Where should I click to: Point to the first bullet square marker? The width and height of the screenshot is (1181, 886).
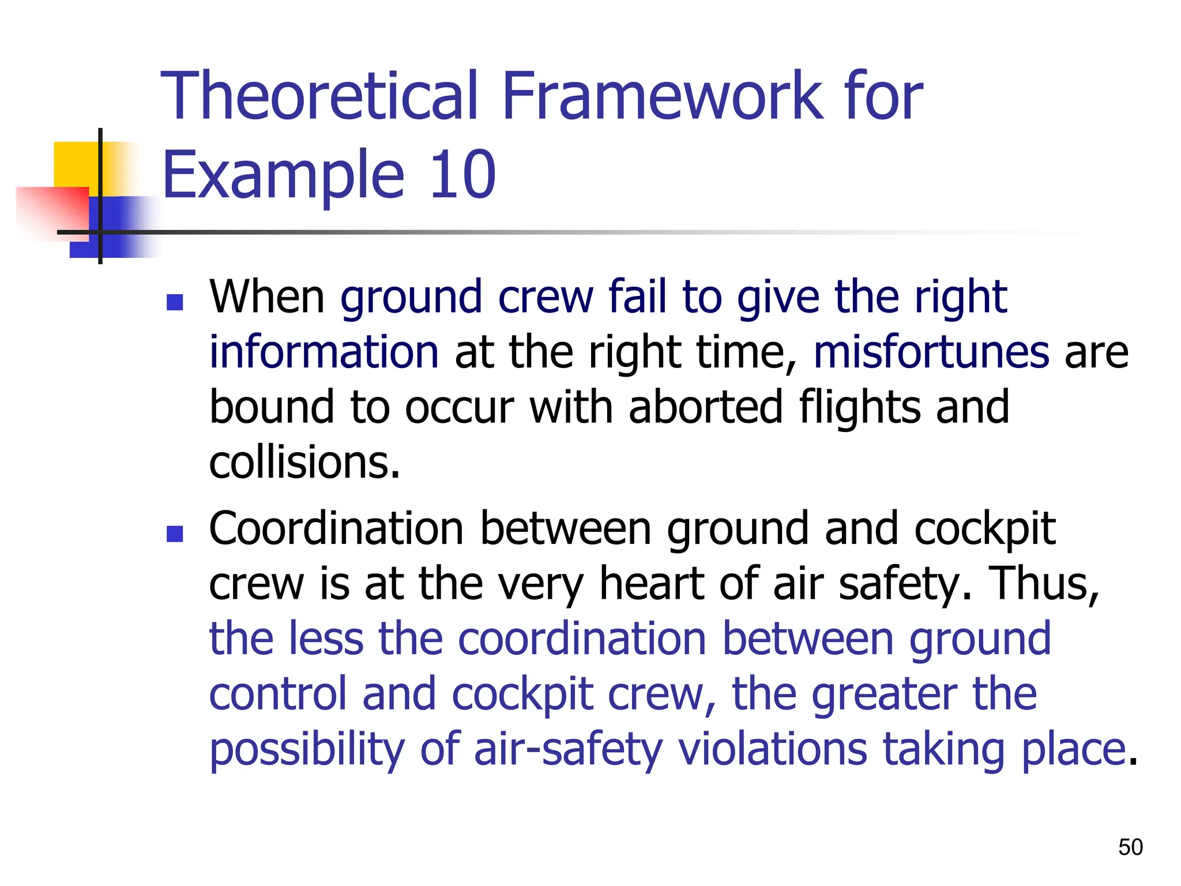coord(174,302)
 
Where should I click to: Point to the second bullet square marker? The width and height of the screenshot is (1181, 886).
coord(174,534)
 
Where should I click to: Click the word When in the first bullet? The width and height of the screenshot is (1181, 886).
coord(267,296)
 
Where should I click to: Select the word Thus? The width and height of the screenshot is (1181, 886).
coord(1043,584)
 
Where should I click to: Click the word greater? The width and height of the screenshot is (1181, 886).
coord(884,694)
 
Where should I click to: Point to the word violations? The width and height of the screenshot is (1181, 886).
coord(772,749)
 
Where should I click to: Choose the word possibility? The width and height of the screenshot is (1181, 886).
coord(307,750)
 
